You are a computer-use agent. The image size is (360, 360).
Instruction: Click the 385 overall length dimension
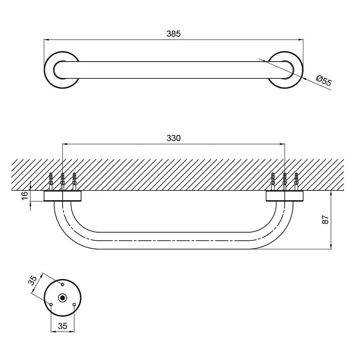point(174,34)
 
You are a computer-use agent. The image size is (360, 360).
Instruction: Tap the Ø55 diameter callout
point(324,81)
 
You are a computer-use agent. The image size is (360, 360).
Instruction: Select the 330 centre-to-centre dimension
point(174,138)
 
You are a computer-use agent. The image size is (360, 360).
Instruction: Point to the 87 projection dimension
point(325,220)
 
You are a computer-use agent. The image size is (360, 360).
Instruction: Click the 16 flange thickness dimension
point(25,195)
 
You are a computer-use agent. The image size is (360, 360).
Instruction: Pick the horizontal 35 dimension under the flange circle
point(63,326)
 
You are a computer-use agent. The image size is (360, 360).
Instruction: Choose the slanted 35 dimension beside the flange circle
point(33,280)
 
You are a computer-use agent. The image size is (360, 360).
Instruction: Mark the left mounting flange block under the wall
point(63,196)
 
